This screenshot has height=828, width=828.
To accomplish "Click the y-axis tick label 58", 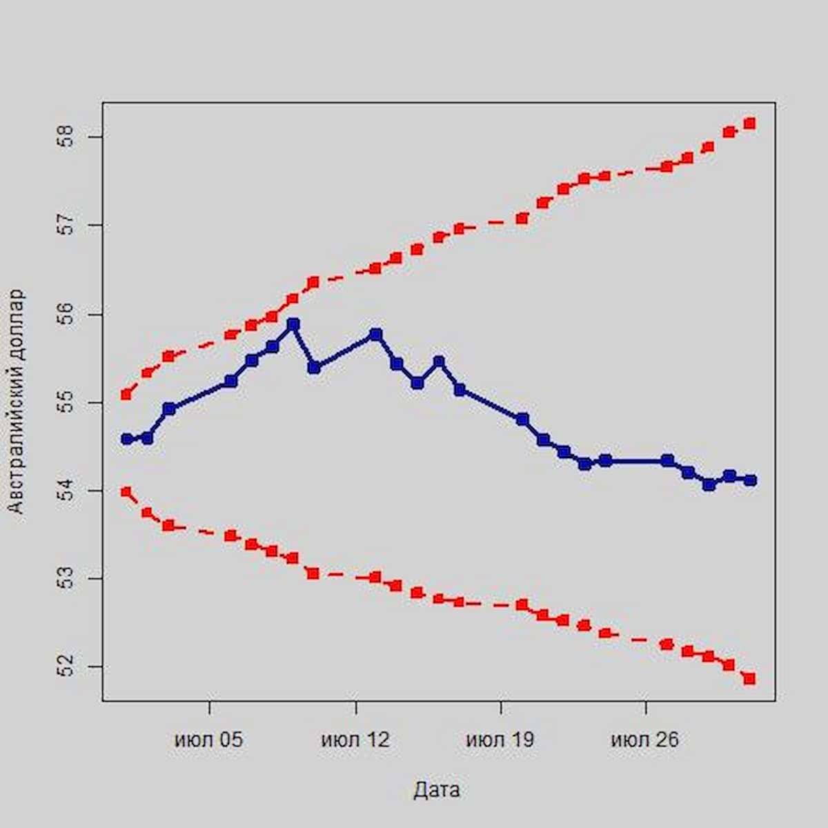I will pyautogui.click(x=66, y=137).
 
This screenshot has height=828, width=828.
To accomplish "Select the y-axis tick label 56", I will pyautogui.click(x=66, y=314).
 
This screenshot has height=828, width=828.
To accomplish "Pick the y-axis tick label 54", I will pyautogui.click(x=66, y=490).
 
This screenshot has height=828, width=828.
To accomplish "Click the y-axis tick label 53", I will pyautogui.click(x=66, y=578).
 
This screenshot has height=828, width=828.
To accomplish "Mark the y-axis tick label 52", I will pyautogui.click(x=66, y=667).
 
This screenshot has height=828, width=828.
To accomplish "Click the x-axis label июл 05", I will pyautogui.click(x=209, y=740).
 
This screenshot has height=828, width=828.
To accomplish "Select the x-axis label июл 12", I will pyautogui.click(x=355, y=740).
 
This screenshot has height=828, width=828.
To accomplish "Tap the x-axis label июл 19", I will pyautogui.click(x=500, y=740).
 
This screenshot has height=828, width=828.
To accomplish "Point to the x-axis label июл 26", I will pyautogui.click(x=645, y=740).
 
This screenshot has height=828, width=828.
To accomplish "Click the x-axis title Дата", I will pyautogui.click(x=437, y=790).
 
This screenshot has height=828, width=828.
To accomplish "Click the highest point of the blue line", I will pyautogui.click(x=293, y=324).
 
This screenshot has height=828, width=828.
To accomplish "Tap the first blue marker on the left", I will pyautogui.click(x=126, y=438).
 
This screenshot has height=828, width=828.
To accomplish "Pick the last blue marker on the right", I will pyautogui.click(x=750, y=480).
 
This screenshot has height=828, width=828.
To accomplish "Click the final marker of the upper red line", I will pyautogui.click(x=750, y=124).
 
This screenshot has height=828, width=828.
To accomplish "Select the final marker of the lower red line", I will pyautogui.click(x=750, y=679).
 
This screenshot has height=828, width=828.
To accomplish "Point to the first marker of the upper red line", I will pyautogui.click(x=126, y=395).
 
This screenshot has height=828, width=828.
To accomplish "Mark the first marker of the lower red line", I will pyautogui.click(x=126, y=492).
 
